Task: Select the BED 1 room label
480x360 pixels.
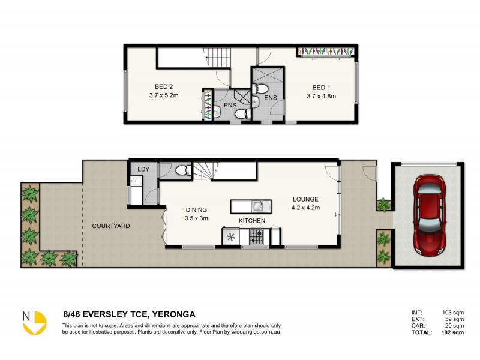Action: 321,85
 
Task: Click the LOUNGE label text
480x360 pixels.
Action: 305,199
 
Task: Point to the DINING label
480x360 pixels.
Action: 196,209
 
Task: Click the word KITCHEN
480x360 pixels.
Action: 253,221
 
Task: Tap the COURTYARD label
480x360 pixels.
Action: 111,226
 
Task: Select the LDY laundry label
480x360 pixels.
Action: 143,170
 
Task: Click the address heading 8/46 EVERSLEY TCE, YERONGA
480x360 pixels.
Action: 129,314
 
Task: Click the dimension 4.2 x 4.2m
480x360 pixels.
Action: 305,208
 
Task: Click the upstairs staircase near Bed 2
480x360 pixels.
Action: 220,58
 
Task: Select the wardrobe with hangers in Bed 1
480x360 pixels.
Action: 326,52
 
